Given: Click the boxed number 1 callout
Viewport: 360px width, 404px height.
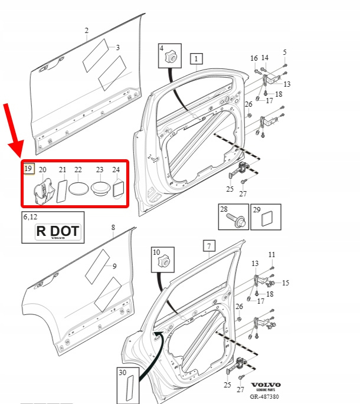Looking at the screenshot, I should pyautogui.click(x=196, y=58).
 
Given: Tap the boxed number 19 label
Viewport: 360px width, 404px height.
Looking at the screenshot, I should pyautogui.click(x=28, y=169).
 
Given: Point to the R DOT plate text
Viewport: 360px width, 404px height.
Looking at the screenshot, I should pyautogui.click(x=57, y=231).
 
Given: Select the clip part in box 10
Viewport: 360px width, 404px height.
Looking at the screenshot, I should pyautogui.click(x=163, y=260).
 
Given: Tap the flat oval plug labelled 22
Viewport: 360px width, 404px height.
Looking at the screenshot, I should pyautogui.click(x=78, y=190).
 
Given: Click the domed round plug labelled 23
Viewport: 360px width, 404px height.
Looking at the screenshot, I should pyautogui.click(x=100, y=189).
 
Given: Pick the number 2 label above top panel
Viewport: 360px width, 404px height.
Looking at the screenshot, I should pyautogui.click(x=86, y=31).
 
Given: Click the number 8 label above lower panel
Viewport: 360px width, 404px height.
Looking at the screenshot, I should pyautogui.click(x=113, y=227).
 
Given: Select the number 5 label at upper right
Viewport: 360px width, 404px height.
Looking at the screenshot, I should pyautogui.click(x=284, y=52).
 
